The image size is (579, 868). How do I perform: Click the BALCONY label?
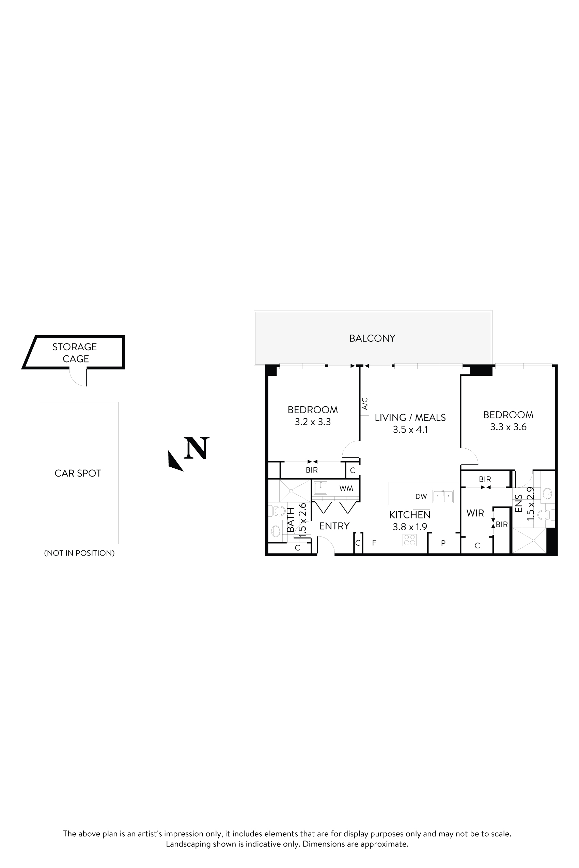click(372, 338)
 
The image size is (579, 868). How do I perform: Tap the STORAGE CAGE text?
click(75, 352)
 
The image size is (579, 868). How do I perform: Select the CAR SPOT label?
click(78, 473)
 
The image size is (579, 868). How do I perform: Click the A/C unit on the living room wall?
click(365, 404)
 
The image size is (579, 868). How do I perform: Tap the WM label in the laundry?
click(346, 488)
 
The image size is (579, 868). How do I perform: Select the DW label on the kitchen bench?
click(421, 496)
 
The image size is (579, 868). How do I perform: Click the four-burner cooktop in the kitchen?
click(409, 540)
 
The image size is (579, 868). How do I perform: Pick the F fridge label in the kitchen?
click(374, 543)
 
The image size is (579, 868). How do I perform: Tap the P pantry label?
click(443, 543)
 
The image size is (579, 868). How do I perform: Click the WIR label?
click(475, 513)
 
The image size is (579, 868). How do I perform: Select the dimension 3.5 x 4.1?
click(410, 429)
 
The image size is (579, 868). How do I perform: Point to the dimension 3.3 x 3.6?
click(508, 427)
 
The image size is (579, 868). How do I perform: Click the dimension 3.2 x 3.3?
click(313, 421)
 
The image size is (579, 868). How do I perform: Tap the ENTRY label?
click(334, 526)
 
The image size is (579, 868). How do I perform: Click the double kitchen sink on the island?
click(443, 496)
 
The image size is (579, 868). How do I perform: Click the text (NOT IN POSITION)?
click(79, 553)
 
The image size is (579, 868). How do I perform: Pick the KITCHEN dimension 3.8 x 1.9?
click(410, 527)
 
